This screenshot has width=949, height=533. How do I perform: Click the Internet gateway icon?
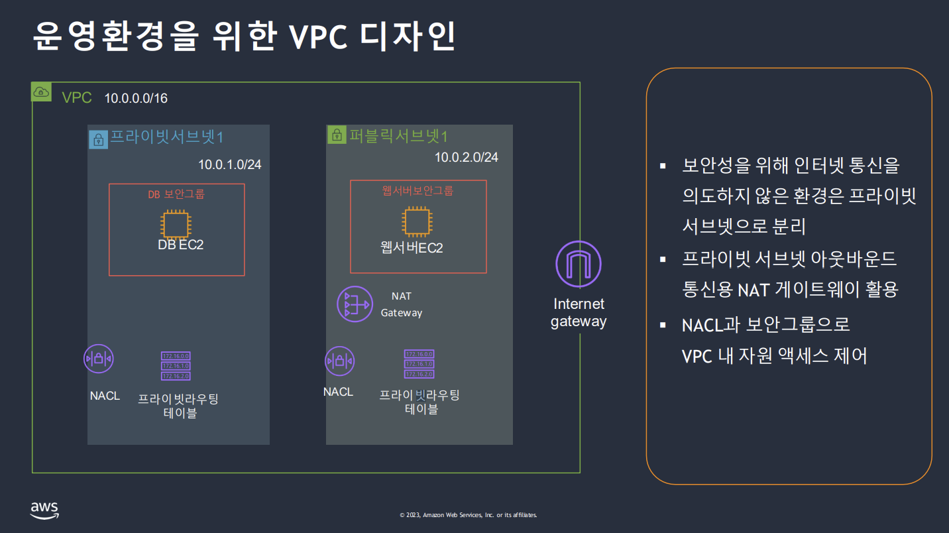578,264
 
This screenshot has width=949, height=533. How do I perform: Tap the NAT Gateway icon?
355,304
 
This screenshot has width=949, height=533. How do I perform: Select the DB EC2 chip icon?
176,223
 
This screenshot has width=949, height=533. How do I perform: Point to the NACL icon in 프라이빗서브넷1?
99,359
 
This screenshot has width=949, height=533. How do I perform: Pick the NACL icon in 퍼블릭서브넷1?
340,361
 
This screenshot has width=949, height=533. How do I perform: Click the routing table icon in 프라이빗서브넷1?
176,366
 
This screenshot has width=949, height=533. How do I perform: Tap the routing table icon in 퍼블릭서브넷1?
419,364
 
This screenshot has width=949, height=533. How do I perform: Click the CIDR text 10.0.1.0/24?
229,164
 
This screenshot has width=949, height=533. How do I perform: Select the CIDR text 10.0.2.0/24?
466,157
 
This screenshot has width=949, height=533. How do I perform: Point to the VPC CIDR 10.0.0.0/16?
136,99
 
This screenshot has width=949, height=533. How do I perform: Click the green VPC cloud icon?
41,92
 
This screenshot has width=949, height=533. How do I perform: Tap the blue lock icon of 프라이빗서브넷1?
98,139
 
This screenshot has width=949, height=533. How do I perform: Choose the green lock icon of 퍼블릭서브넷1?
336,136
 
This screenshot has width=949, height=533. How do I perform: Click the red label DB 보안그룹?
176,194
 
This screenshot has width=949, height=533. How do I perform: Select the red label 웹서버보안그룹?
418,191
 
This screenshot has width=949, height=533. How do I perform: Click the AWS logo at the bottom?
44,510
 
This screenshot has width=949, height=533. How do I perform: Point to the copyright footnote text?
468,515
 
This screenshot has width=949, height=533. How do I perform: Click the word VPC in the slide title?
318,38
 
